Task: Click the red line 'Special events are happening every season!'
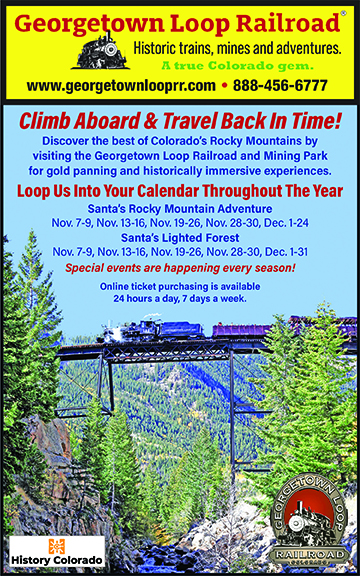coord(180,268)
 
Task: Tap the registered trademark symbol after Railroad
coord(343,13)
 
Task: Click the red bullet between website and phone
coord(224,86)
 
